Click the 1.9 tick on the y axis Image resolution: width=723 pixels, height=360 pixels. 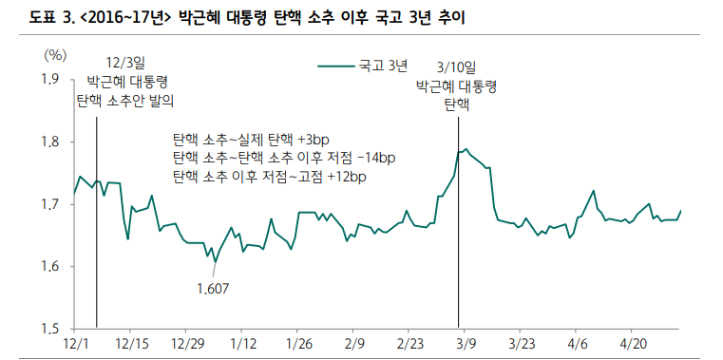48,79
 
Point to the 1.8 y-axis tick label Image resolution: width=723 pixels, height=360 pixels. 48,142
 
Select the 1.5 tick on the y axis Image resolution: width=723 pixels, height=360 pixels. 48,329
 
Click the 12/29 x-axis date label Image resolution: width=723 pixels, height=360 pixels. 188,342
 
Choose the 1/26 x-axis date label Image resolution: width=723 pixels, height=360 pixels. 299,342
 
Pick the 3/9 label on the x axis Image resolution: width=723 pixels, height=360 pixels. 466,342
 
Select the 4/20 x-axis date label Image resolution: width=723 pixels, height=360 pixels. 634,342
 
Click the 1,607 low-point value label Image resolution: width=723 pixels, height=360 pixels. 213,288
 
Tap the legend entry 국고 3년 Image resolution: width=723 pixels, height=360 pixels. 383,66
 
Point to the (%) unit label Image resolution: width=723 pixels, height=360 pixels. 54,55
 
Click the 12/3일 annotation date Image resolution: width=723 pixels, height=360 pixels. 126,63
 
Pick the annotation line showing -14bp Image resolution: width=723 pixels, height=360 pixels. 283,157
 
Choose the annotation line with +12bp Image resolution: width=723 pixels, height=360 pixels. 269,176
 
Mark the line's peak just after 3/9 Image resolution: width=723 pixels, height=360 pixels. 466,149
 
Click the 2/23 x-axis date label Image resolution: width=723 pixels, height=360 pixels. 410,342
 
